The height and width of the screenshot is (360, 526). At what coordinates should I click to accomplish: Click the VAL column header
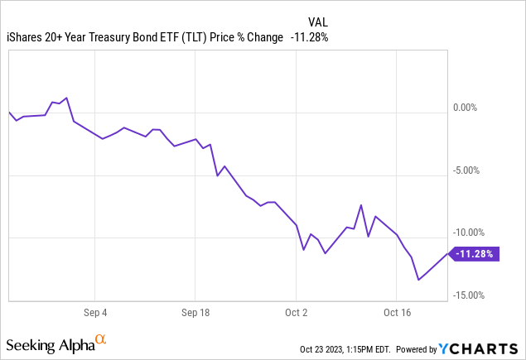click(317, 22)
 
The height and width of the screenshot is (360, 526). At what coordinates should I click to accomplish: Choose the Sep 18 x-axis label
click(195, 314)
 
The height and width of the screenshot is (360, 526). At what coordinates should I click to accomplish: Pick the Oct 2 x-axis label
click(296, 314)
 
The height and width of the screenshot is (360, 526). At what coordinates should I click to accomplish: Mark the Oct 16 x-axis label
click(397, 314)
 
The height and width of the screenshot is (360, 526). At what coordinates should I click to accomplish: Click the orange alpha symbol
click(101, 339)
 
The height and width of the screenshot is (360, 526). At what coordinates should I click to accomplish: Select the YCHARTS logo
click(485, 348)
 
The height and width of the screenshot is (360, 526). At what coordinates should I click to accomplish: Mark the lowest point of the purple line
click(419, 280)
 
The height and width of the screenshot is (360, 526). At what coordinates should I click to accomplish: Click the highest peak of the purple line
click(66, 98)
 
